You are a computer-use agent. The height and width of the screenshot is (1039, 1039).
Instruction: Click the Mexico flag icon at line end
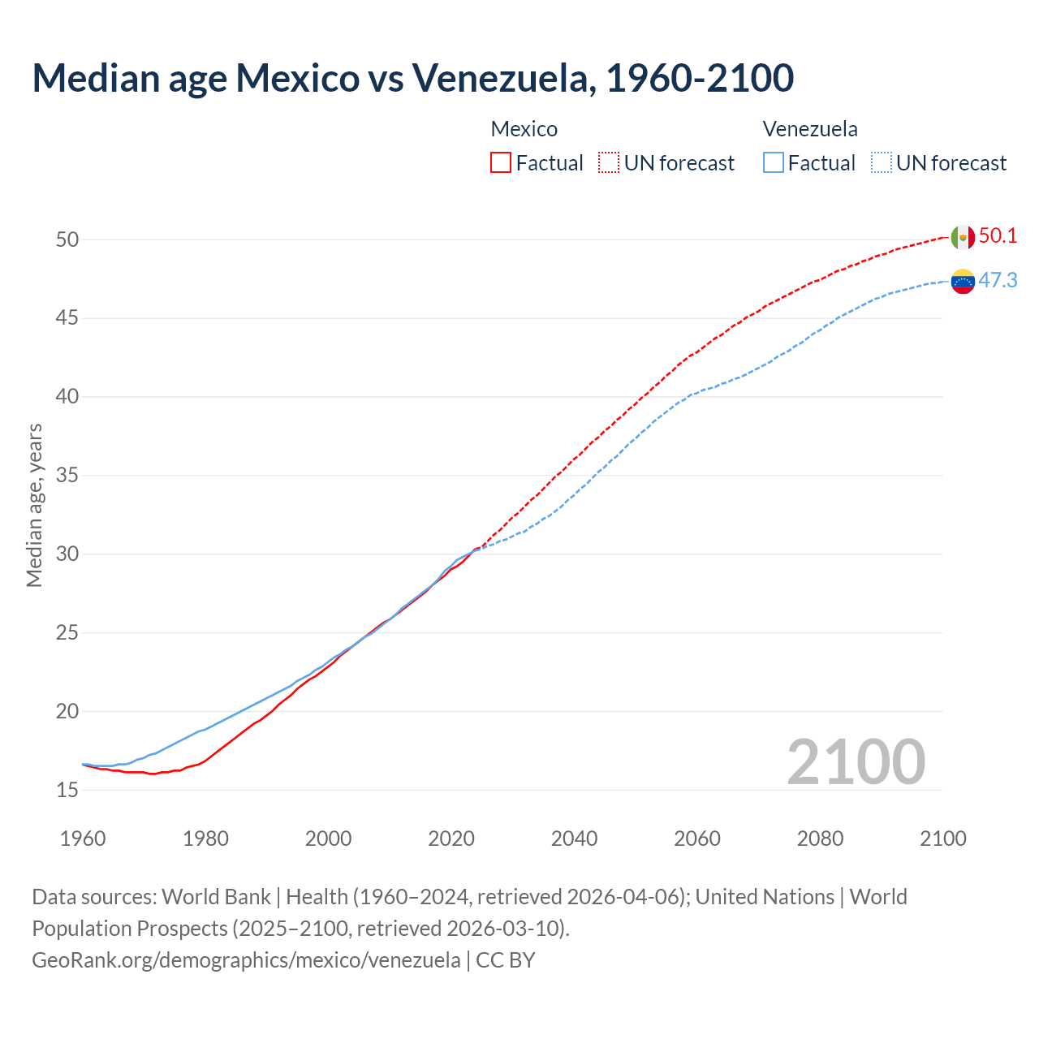pyautogui.click(x=963, y=237)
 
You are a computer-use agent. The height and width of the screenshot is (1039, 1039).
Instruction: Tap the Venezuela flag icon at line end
pyautogui.click(x=963, y=282)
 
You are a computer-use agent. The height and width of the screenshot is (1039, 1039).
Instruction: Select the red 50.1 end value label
pyautogui.click(x=998, y=236)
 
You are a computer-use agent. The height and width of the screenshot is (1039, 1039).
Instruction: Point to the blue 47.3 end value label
pyautogui.click(x=998, y=280)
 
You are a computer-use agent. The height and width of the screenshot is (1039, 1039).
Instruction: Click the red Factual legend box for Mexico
pyautogui.click(x=501, y=163)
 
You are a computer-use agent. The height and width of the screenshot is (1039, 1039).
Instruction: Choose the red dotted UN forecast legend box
pyautogui.click(x=609, y=163)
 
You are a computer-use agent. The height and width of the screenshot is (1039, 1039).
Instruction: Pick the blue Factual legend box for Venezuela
pyautogui.click(x=774, y=163)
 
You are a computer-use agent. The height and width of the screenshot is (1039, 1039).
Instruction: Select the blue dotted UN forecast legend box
pyautogui.click(x=882, y=163)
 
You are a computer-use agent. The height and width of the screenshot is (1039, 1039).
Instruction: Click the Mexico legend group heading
pyautogui.click(x=524, y=129)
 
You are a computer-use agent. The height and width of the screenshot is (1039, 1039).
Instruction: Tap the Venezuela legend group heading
pyautogui.click(x=810, y=129)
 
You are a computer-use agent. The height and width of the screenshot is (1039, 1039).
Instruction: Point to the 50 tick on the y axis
pyautogui.click(x=67, y=239)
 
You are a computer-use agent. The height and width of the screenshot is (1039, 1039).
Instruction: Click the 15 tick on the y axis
pyautogui.click(x=67, y=790)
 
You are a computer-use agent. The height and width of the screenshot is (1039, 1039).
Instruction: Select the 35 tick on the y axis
pyautogui.click(x=67, y=476)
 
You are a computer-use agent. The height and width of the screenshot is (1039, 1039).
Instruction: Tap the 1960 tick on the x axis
pyautogui.click(x=83, y=839)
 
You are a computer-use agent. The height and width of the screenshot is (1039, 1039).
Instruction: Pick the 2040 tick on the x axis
pyautogui.click(x=574, y=839)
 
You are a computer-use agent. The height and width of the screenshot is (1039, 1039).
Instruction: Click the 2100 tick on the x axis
pyautogui.click(x=943, y=839)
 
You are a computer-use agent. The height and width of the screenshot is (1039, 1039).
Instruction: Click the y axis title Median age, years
pyautogui.click(x=34, y=505)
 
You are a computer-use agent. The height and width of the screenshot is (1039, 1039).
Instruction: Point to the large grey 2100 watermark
pyautogui.click(x=856, y=762)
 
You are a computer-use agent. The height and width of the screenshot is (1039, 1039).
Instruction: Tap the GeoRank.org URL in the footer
pyautogui.click(x=246, y=960)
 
